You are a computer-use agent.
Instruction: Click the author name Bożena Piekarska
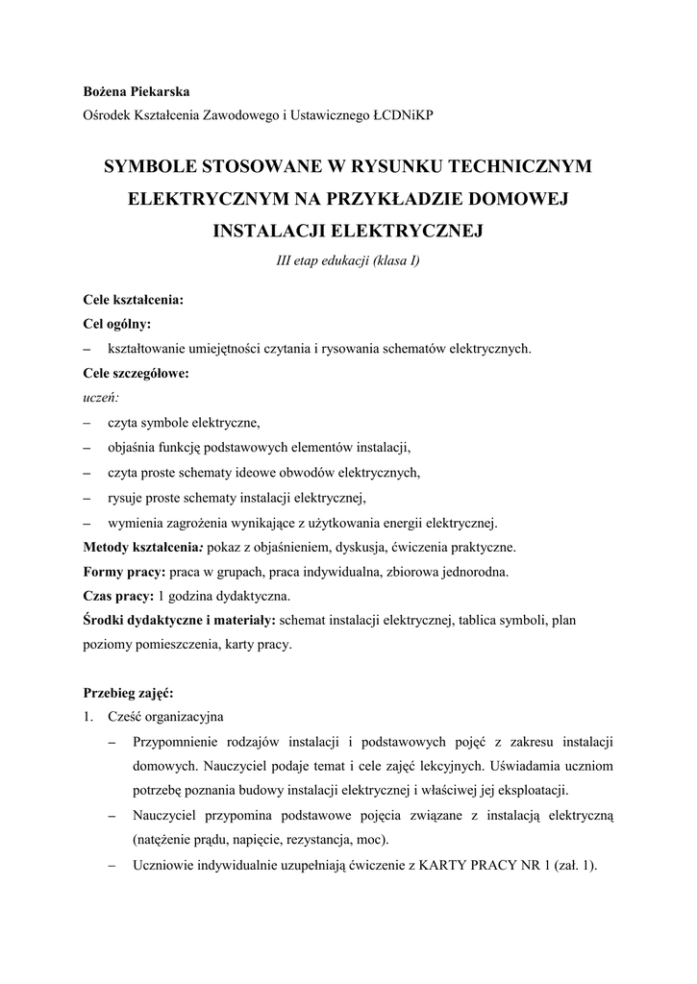click(x=136, y=92)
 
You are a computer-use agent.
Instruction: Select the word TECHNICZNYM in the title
click(x=518, y=166)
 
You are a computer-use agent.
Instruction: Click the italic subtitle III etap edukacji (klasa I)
click(x=348, y=261)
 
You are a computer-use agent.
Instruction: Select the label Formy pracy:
click(x=124, y=572)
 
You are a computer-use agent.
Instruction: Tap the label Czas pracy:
click(x=119, y=597)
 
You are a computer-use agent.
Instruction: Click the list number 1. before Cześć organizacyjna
click(x=88, y=717)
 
